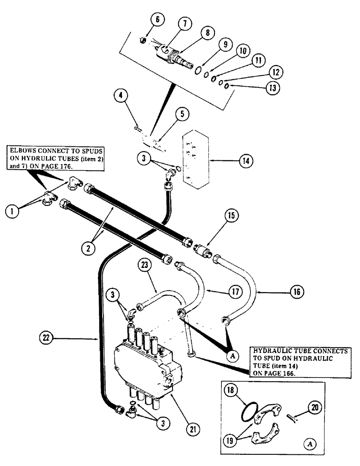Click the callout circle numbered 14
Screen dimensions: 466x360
tap(245, 161)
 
